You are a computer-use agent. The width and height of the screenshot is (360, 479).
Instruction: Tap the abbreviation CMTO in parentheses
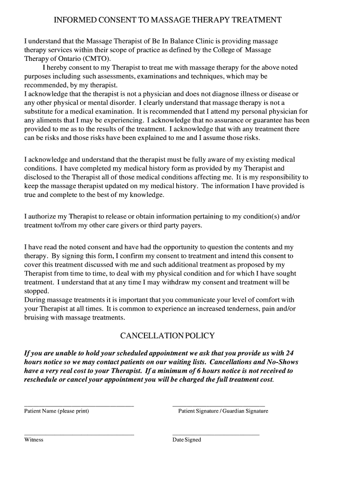point(96,58)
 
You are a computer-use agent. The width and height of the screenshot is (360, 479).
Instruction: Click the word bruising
point(37,318)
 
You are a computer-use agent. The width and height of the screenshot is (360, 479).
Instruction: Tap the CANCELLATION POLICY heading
point(167,336)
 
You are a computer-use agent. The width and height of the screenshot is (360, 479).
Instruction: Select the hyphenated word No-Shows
point(282,362)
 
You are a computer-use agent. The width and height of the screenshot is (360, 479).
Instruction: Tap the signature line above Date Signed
point(216,435)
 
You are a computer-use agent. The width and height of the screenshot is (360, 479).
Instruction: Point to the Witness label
point(34,440)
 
